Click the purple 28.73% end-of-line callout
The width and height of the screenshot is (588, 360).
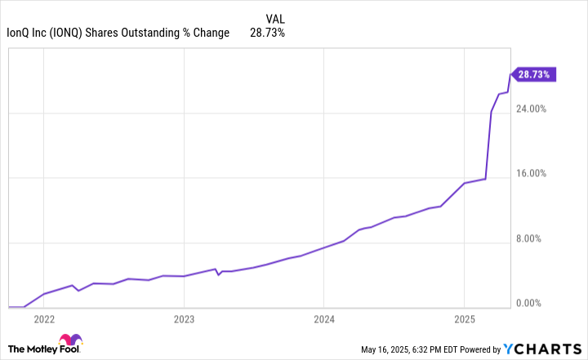(x=533, y=74)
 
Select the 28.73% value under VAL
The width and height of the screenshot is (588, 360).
(x=267, y=33)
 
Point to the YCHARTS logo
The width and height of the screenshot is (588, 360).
(x=541, y=349)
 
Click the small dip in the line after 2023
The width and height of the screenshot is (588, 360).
(x=218, y=274)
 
